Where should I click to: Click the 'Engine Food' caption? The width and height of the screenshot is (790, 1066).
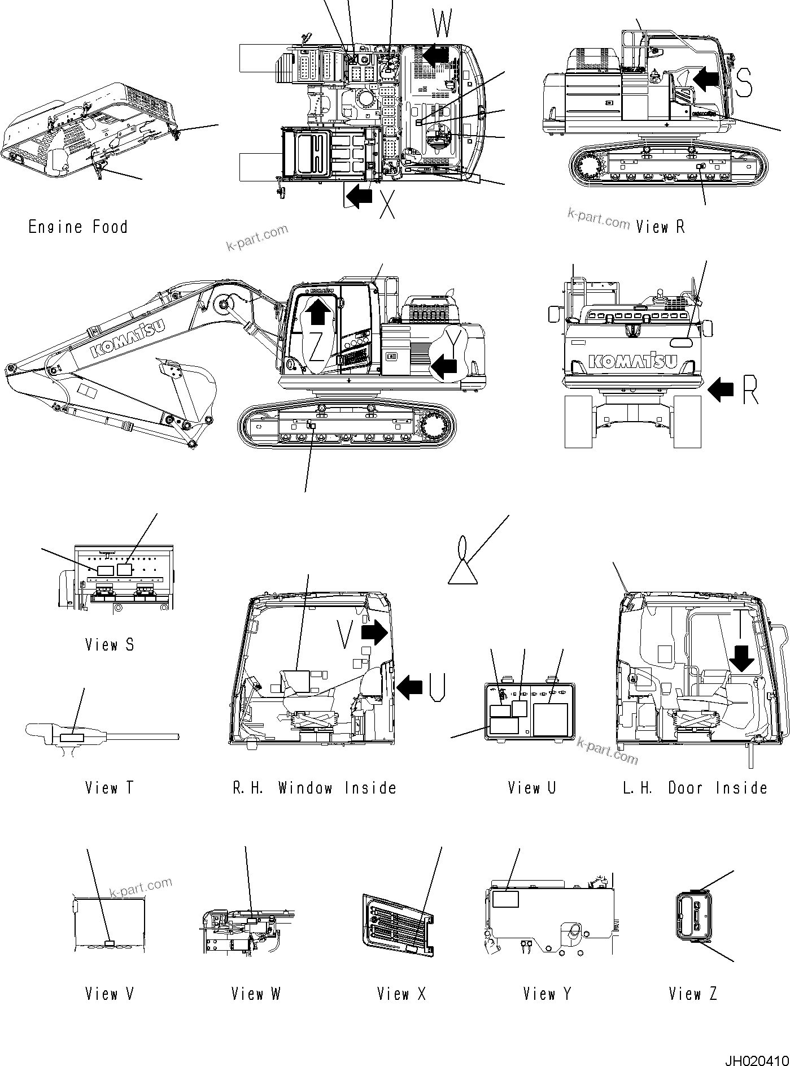78,227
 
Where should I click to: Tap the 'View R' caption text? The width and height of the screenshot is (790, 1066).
660,227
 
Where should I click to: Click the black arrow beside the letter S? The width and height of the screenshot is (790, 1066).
707,79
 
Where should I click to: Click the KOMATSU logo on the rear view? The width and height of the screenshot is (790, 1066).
632,361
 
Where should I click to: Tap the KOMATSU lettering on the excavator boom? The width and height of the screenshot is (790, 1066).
128,338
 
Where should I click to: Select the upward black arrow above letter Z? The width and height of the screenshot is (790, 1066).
318,311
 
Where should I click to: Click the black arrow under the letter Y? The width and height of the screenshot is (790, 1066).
444,368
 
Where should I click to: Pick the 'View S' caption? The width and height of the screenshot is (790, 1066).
110,645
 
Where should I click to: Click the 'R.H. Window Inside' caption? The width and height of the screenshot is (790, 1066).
315,788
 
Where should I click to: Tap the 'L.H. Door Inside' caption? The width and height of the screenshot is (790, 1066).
695,788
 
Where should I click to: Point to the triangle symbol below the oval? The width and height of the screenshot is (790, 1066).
462,572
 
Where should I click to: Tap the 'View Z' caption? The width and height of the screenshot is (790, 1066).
693,994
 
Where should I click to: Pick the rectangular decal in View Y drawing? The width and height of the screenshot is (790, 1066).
505,899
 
